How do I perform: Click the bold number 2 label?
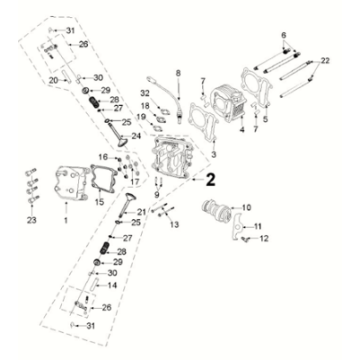(209, 181)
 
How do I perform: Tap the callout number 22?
(323, 62)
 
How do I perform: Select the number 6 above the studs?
(285, 36)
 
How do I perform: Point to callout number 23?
(31, 220)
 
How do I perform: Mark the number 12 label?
(266, 239)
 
